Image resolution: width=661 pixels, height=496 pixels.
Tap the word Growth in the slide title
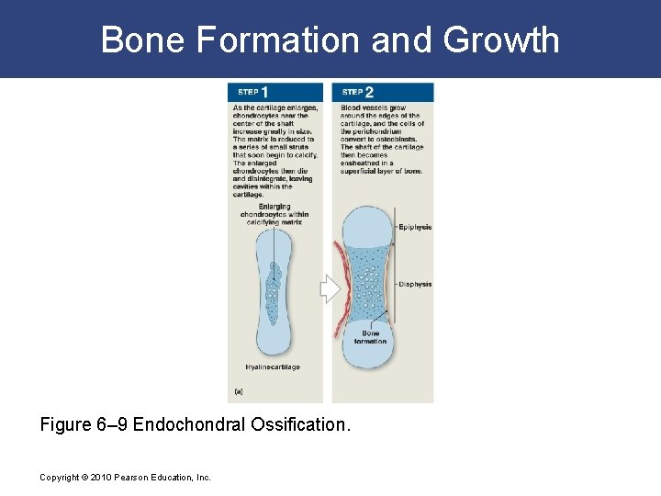click(x=500, y=40)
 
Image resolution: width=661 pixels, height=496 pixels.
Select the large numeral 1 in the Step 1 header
click(x=264, y=92)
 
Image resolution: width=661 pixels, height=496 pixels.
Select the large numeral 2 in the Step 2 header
click(x=369, y=92)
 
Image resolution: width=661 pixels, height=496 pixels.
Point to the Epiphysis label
click(x=416, y=227)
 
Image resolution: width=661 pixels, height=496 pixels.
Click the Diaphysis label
click(x=416, y=285)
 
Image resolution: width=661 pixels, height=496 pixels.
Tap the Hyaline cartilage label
click(x=273, y=367)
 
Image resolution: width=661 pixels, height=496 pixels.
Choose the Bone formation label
click(x=370, y=337)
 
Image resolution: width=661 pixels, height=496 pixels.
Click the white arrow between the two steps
click(x=330, y=289)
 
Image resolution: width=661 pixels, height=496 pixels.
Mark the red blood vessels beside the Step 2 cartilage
click(x=341, y=285)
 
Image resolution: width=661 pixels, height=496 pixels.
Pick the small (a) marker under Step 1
click(x=240, y=390)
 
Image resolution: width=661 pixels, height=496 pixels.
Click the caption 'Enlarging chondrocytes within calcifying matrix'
click(x=274, y=214)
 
